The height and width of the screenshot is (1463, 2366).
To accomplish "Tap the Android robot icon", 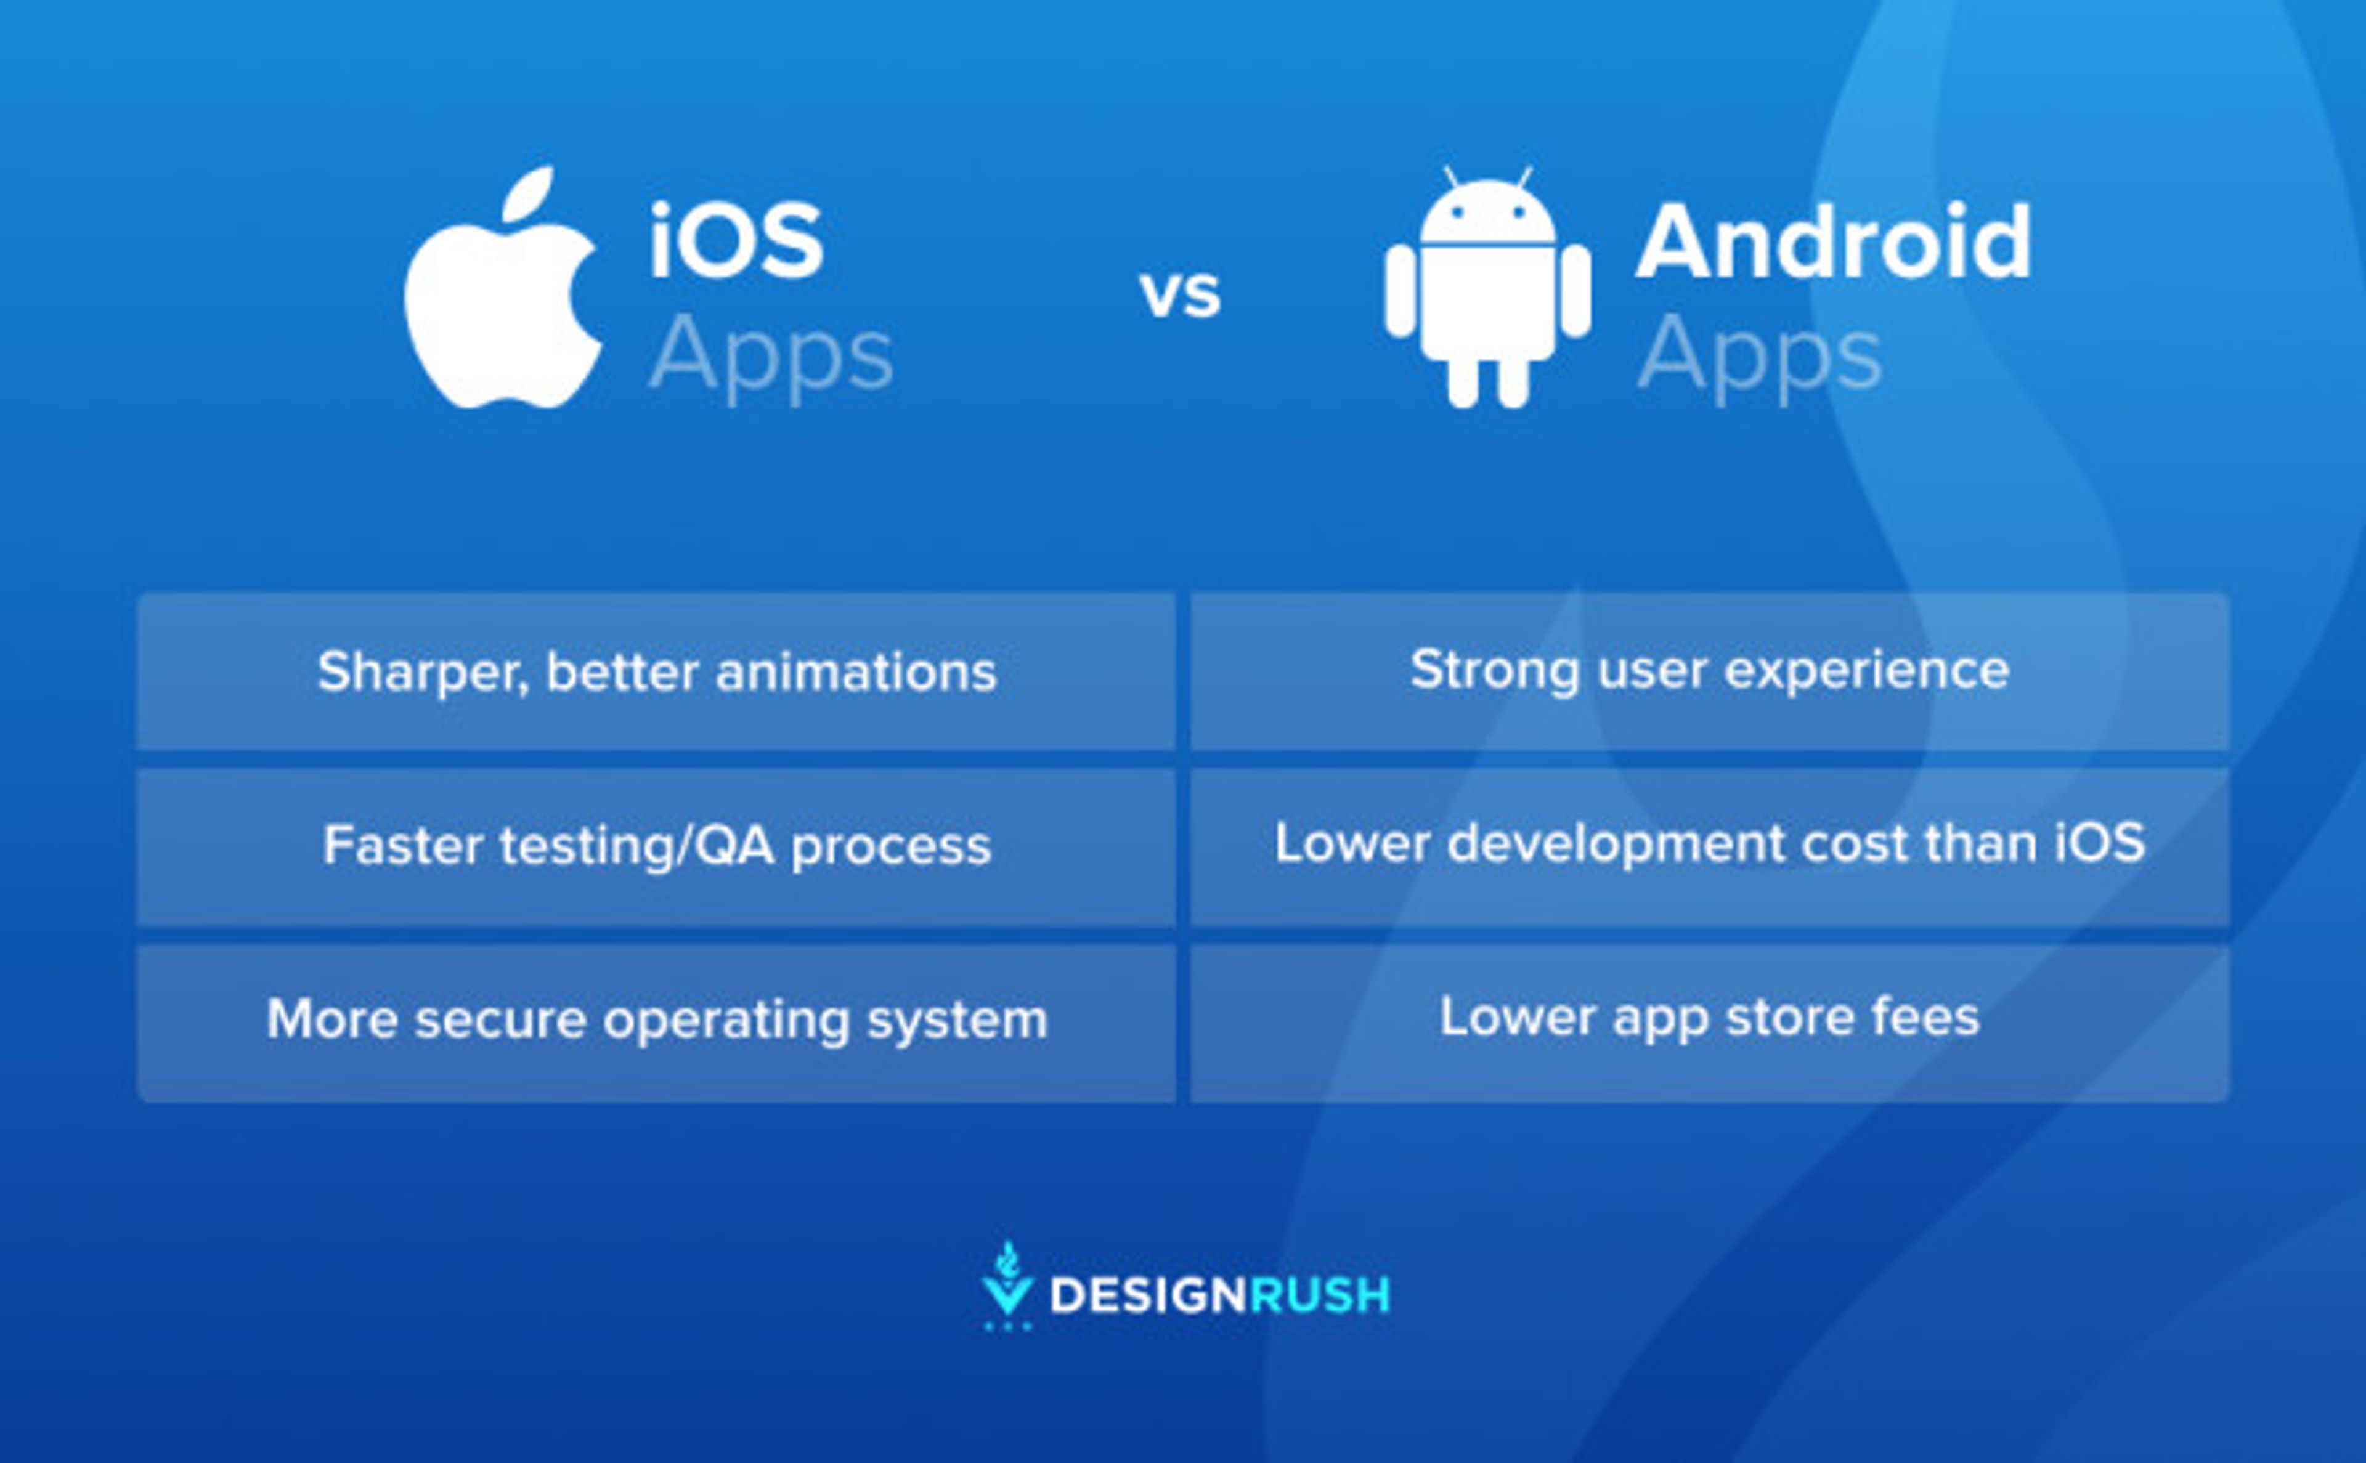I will (1487, 290).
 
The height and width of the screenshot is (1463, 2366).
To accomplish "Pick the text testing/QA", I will (636, 846).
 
